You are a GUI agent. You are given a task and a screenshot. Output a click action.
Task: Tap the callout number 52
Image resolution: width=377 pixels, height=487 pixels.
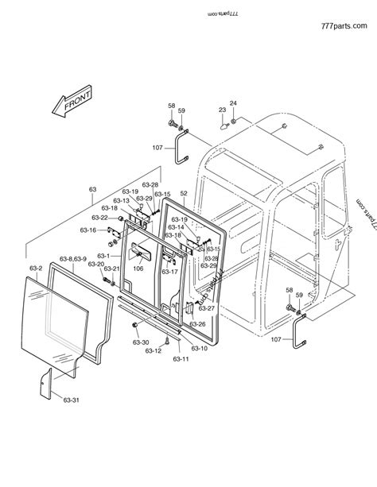pos(183,193)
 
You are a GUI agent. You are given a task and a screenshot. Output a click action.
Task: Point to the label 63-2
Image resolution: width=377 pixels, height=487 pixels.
pos(36,269)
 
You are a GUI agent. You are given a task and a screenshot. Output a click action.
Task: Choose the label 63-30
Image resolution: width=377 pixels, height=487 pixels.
pos(141,342)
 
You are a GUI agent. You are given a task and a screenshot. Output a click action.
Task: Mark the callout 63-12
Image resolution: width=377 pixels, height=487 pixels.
pos(153,350)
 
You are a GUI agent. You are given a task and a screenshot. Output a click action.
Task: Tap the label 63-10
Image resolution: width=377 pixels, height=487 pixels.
pos(199,348)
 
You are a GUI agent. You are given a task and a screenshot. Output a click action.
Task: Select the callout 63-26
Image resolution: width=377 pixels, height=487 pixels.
pos(196,324)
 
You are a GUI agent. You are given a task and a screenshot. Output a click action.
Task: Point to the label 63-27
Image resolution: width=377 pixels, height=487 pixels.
pos(206,307)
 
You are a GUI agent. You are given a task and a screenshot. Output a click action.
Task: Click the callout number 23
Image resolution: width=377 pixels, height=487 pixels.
pos(223,110)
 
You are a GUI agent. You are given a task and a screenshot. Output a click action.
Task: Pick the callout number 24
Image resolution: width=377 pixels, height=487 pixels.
pos(233,103)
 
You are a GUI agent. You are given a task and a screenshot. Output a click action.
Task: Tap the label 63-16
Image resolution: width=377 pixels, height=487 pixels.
pos(88,230)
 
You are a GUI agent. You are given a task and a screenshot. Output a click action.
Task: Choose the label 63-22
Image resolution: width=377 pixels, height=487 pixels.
pos(100,217)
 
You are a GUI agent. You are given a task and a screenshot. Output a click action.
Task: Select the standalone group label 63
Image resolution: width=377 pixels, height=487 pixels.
pos(92,189)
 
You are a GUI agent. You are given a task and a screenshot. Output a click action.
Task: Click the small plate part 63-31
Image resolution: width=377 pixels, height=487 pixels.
pos(45,383)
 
